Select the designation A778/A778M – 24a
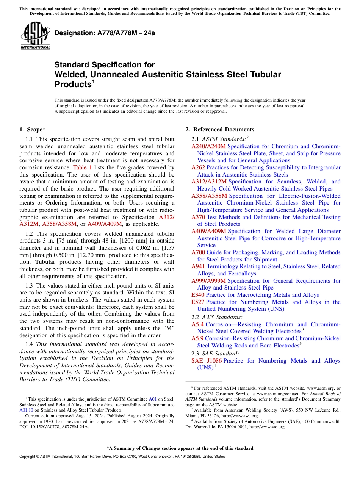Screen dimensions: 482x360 105,33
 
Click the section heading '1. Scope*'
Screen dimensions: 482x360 33,130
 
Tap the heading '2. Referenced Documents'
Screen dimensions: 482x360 220,130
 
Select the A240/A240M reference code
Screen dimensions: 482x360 208,146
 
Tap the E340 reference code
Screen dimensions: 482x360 198,295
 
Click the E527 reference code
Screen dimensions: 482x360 198,302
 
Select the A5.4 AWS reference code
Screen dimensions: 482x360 197,324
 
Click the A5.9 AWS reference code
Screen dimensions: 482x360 197,338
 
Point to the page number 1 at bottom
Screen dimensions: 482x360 180,466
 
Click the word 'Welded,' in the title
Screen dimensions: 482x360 71,74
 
